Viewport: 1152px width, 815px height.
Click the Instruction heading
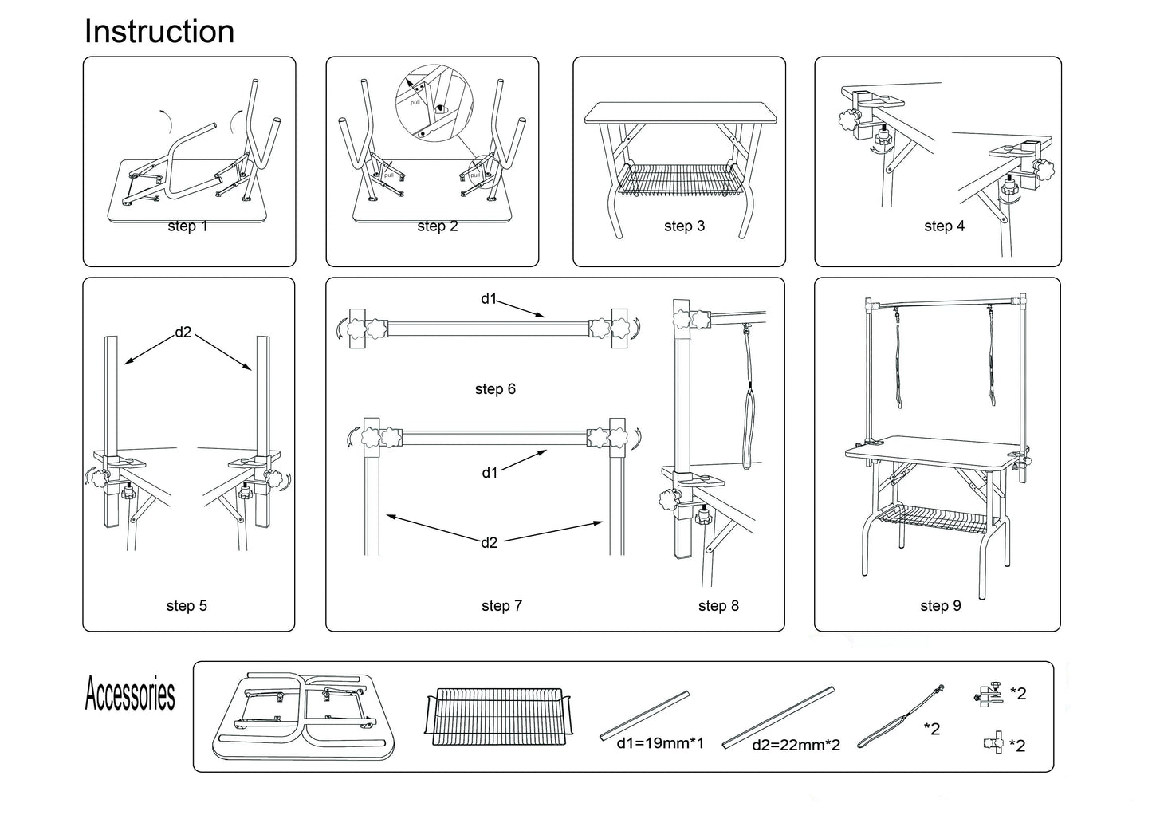(159, 32)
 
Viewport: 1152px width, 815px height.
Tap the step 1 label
(187, 226)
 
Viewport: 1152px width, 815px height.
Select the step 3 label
(684, 226)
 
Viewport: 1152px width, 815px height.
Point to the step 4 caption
(944, 226)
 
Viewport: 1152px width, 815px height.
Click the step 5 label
(187, 606)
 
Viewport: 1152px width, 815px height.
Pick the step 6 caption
(495, 389)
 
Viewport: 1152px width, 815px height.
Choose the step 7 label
(501, 606)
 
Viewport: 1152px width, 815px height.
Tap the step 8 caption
(718, 606)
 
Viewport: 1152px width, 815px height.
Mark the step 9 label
(941, 606)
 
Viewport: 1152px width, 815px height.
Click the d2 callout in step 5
(184, 333)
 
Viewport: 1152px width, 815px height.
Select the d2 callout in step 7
(489, 543)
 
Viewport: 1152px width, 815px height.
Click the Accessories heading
(130, 694)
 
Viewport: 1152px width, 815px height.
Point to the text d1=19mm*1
(660, 744)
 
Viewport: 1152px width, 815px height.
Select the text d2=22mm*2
(796, 746)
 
